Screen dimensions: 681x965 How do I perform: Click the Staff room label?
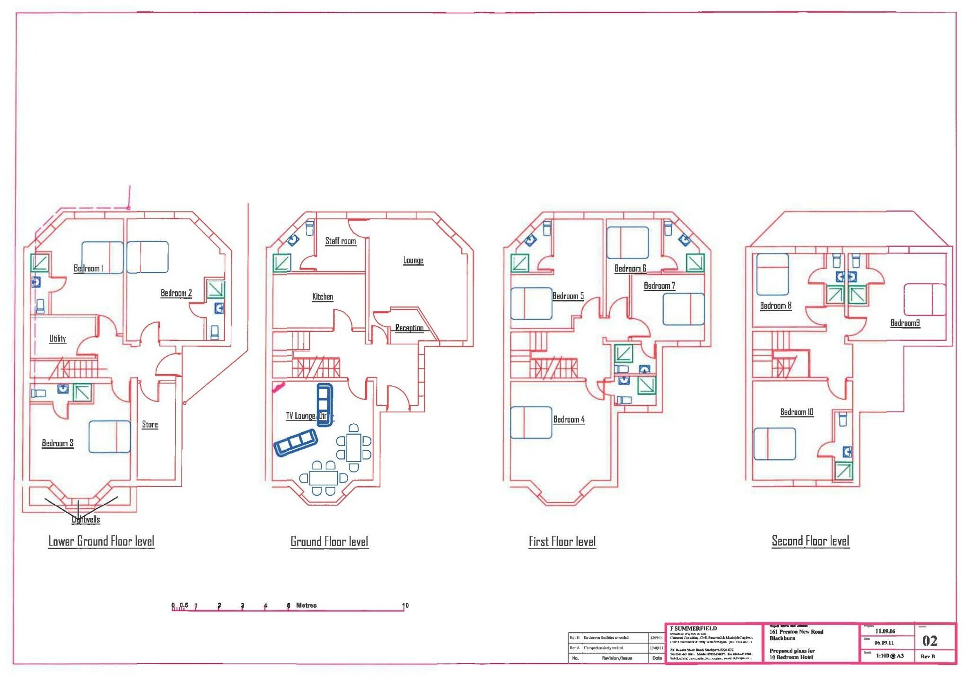pyautogui.click(x=340, y=241)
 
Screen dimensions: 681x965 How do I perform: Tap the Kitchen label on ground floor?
pyautogui.click(x=323, y=297)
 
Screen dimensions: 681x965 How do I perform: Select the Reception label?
pyautogui.click(x=409, y=328)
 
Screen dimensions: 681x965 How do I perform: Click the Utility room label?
pyautogui.click(x=58, y=339)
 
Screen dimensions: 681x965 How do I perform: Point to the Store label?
pyautogui.click(x=150, y=425)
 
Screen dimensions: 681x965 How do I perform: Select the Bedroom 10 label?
pyautogui.click(x=797, y=412)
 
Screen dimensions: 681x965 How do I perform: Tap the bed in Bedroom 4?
pyautogui.click(x=531, y=422)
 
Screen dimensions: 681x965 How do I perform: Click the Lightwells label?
pyautogui.click(x=86, y=520)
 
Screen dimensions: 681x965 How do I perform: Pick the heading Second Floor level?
pyautogui.click(x=810, y=541)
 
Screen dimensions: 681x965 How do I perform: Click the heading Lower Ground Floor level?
pyautogui.click(x=101, y=541)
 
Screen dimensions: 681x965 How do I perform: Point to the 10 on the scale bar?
pyautogui.click(x=405, y=605)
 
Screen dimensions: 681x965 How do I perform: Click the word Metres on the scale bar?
pyautogui.click(x=306, y=605)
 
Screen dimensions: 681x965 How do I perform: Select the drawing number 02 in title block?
pyautogui.click(x=930, y=641)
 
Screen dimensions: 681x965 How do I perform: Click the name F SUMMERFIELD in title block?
pyautogui.click(x=693, y=629)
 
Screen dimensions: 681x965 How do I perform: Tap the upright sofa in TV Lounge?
pyautogui.click(x=325, y=405)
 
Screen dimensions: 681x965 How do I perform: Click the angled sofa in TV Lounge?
pyautogui.click(x=295, y=442)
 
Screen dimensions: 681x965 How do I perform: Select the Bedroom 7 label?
pyautogui.click(x=659, y=286)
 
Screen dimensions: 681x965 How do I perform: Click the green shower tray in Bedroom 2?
pyautogui.click(x=216, y=289)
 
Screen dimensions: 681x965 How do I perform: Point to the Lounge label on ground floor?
pyautogui.click(x=413, y=261)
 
